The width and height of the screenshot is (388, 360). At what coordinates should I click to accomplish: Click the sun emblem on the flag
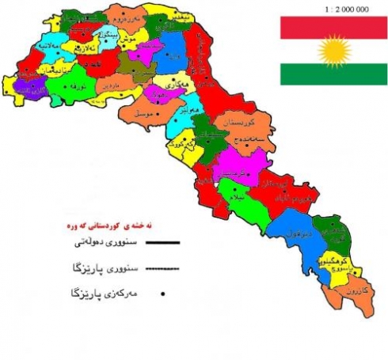click(333, 51)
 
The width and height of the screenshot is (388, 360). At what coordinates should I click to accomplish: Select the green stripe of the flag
click(333, 75)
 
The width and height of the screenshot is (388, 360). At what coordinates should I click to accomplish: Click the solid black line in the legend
click(163, 239)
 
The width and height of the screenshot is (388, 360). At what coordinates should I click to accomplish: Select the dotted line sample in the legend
click(163, 268)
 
